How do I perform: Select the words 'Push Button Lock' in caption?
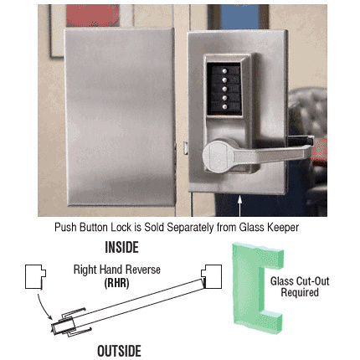point(90,227)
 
